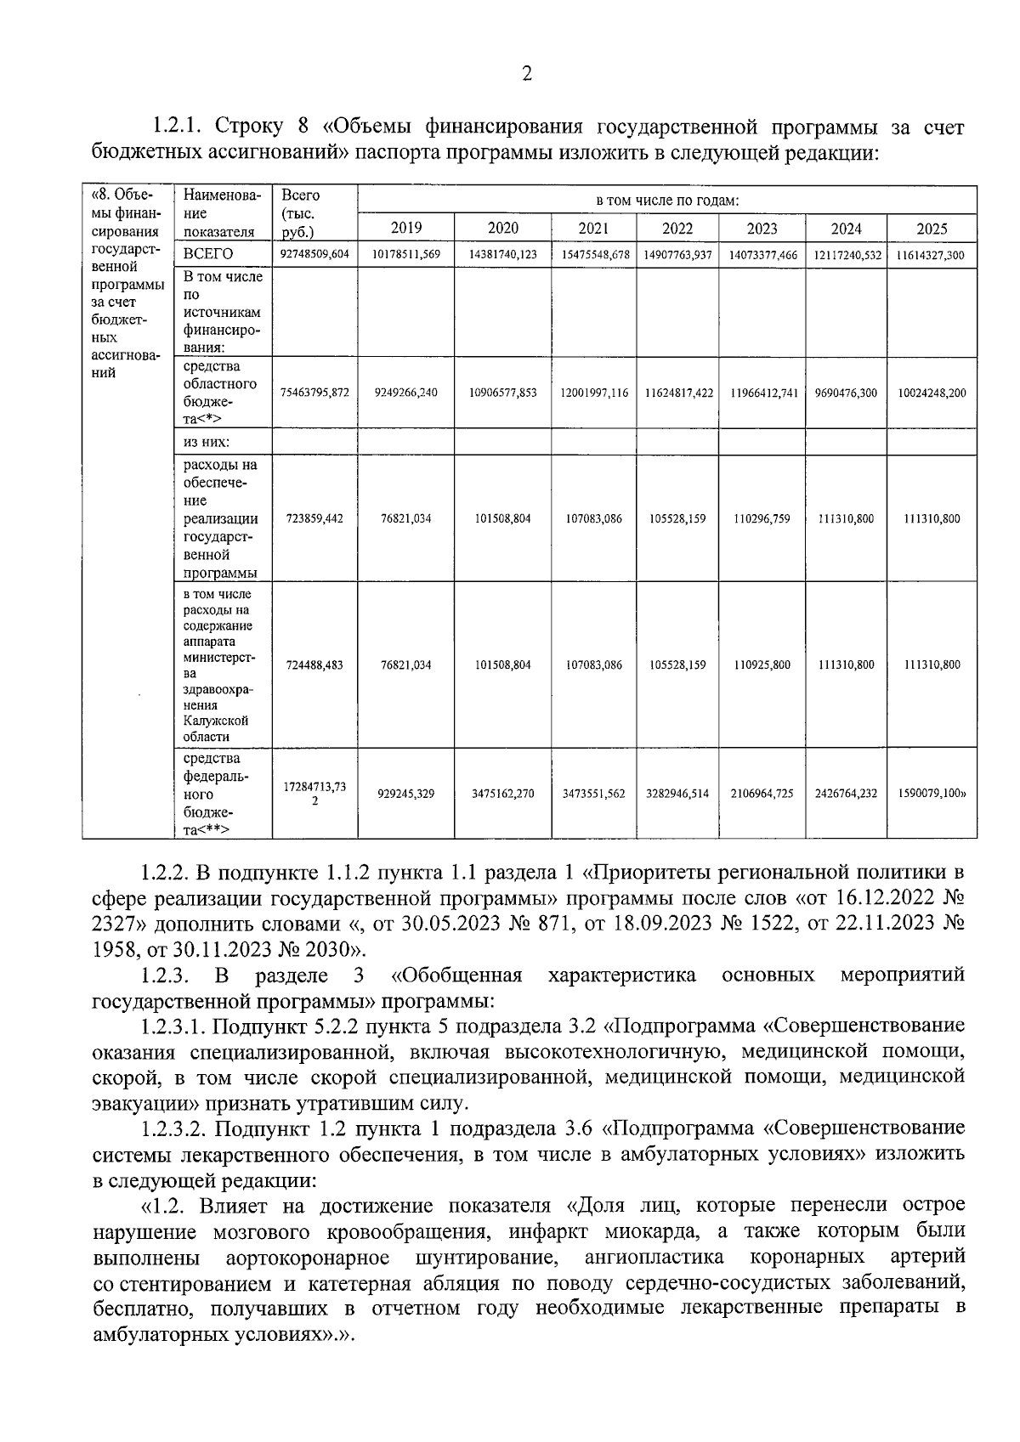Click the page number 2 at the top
click(x=526, y=75)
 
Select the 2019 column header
click(x=405, y=229)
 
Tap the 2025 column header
click(x=932, y=229)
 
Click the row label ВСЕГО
click(x=208, y=254)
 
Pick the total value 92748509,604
click(x=314, y=254)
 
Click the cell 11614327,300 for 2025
click(x=932, y=254)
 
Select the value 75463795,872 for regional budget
click(x=314, y=393)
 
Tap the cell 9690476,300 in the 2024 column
click(x=846, y=393)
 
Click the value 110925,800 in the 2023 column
click(x=762, y=664)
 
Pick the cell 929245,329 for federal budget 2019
click(x=405, y=794)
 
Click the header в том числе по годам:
click(x=667, y=201)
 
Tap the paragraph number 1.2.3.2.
click(x=173, y=1128)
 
